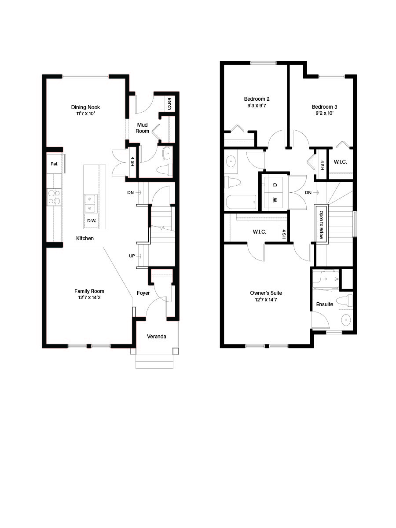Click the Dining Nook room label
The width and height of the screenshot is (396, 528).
tap(85, 107)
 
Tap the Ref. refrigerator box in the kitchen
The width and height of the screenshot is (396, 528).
tap(55, 164)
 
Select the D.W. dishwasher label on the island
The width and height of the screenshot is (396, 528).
tap(92, 220)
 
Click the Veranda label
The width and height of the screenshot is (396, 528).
tap(156, 337)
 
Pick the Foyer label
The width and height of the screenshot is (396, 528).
tap(143, 293)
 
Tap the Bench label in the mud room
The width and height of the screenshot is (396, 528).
tap(169, 104)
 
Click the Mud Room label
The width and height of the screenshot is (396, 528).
tap(142, 128)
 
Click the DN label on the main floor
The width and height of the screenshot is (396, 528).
tap(131, 193)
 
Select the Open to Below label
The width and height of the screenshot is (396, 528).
tap(321, 224)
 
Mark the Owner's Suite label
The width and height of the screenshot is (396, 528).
tap(266, 293)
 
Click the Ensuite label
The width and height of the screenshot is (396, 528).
tap(324, 304)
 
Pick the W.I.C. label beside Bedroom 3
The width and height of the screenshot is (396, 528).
tap(340, 162)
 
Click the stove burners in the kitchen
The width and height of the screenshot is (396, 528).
tap(54, 197)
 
